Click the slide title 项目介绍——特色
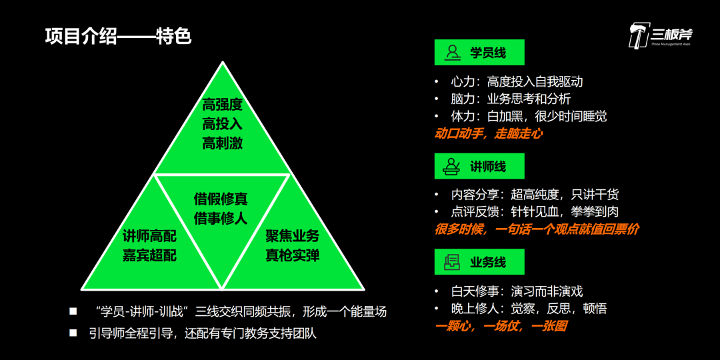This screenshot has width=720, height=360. pyautogui.click(x=118, y=36)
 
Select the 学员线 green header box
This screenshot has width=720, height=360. pyautogui.click(x=479, y=52)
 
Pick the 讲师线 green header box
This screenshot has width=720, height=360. pyautogui.click(x=479, y=166)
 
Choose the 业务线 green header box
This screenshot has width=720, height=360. pyautogui.click(x=479, y=262)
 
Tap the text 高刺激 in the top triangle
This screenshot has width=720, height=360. pyautogui.click(x=222, y=143)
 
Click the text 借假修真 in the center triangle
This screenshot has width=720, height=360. pyautogui.click(x=221, y=199)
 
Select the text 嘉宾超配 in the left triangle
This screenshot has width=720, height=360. pyautogui.click(x=149, y=255)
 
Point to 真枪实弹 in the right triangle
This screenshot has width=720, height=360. pyautogui.click(x=293, y=255)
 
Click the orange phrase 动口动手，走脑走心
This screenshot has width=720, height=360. pyautogui.click(x=488, y=133)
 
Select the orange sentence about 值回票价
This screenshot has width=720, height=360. pyautogui.click(x=537, y=229)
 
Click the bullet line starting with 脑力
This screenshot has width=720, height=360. pyautogui.click(x=510, y=99)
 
